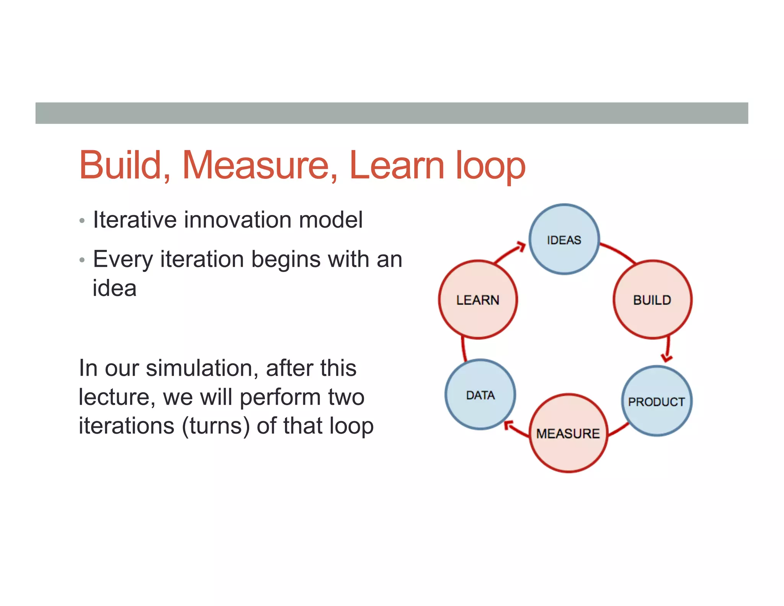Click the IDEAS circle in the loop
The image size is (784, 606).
(564, 239)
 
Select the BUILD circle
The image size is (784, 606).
(652, 300)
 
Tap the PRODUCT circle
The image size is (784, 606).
(657, 401)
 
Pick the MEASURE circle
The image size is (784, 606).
(568, 433)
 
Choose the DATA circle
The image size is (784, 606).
(480, 395)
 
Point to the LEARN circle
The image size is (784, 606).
(478, 300)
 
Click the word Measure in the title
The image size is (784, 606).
(260, 165)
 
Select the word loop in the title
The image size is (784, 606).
(490, 165)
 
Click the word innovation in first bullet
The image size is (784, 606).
(238, 220)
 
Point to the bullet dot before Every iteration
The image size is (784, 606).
(82, 260)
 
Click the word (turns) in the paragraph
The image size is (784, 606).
(215, 426)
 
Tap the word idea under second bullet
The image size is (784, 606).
(114, 288)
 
